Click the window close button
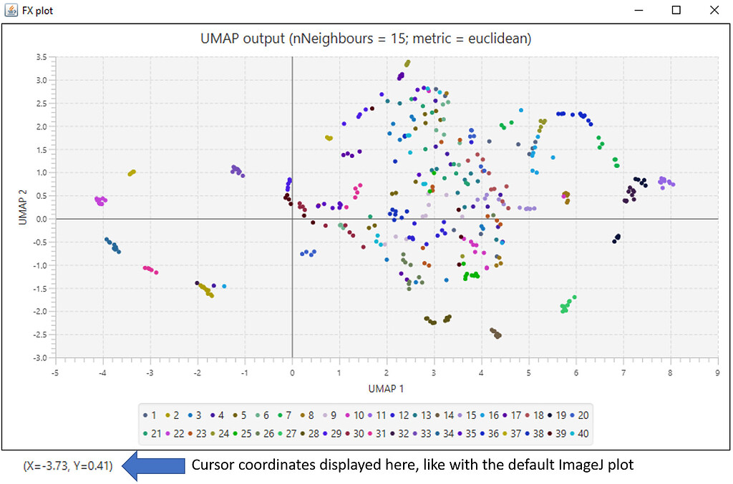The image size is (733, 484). click(713, 11)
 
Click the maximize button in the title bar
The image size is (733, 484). click(676, 11)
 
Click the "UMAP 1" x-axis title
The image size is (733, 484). click(387, 388)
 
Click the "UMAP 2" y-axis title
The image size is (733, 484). click(23, 207)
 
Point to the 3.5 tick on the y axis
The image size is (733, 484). click(42, 57)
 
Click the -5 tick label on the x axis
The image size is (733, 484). click(55, 372)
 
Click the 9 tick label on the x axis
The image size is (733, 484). click(717, 372)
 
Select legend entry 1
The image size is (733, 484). click(149, 415)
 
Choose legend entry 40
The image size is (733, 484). click(579, 433)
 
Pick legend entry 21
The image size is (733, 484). click(151, 433)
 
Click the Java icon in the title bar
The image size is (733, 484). click(11, 11)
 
